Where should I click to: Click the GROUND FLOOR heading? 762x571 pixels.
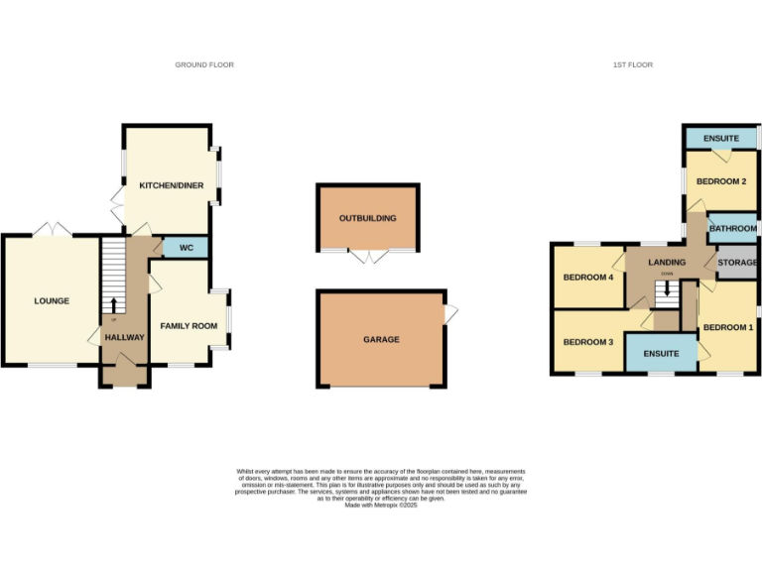coord(204,65)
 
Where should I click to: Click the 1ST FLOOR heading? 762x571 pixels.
coord(632,65)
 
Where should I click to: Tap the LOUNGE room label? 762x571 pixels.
coord(52,300)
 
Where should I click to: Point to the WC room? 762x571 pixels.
coord(186,248)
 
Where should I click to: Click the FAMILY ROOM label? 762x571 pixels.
coord(189,326)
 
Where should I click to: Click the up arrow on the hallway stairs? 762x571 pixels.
coord(114,304)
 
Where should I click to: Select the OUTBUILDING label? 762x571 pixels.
coord(367,218)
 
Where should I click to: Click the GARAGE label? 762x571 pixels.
coord(381,339)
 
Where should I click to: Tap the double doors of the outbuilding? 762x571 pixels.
coord(368,257)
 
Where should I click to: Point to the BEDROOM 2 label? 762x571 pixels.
coord(721,181)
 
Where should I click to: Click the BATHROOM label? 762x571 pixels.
coord(733,229)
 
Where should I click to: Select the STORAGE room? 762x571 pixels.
coord(737,263)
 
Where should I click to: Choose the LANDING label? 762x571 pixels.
coord(667,262)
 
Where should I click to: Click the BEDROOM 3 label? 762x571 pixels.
coord(589,342)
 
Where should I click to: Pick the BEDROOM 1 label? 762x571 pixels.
coord(728,327)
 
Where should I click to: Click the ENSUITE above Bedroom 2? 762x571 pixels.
coord(721,138)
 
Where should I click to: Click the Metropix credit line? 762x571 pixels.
coord(381,506)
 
